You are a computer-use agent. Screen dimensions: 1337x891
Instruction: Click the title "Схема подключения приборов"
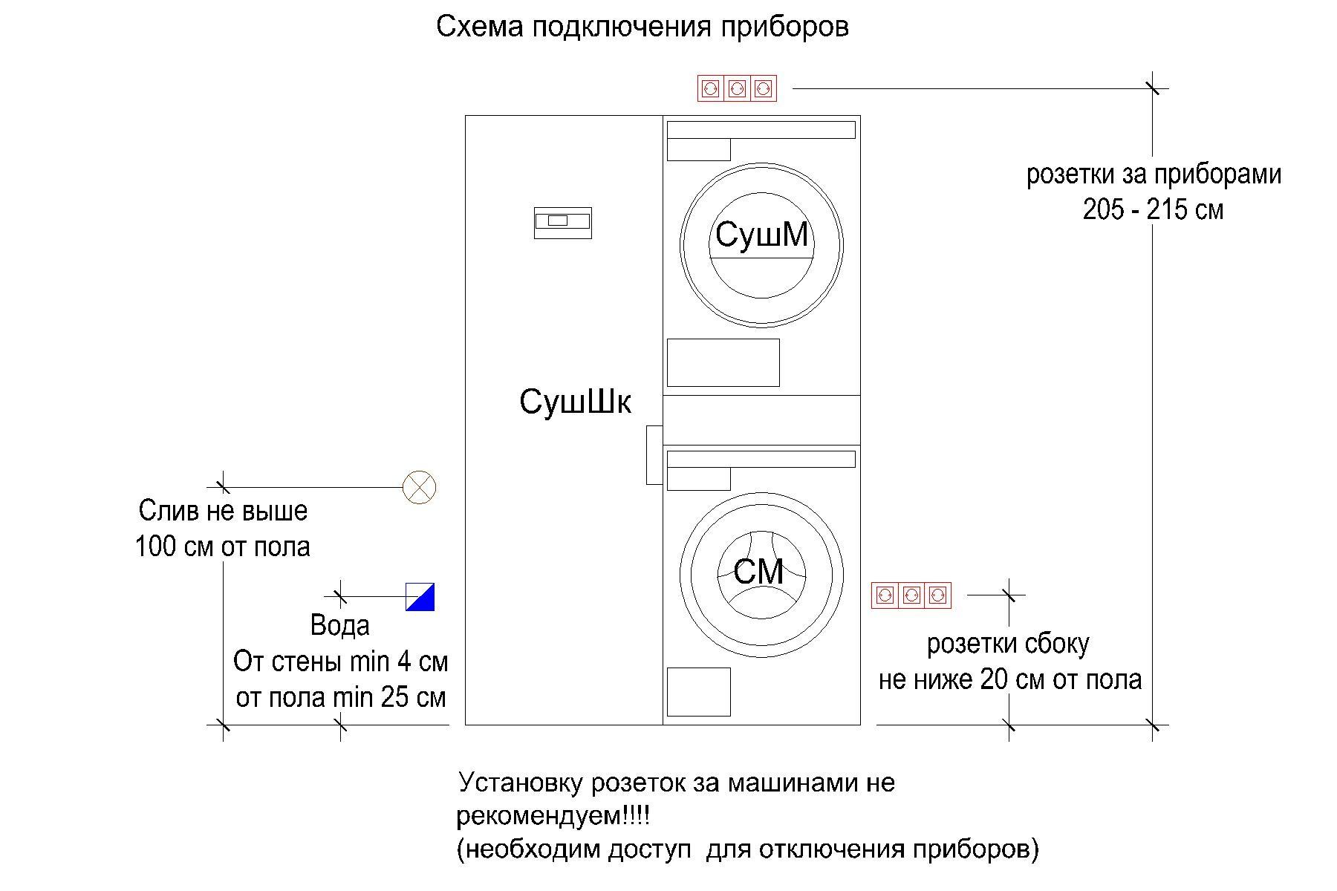point(643,27)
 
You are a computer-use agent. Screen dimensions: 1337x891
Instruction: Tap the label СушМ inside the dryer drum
point(761,235)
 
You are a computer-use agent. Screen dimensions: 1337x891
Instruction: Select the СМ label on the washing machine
point(758,572)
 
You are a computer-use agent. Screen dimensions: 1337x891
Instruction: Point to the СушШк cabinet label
point(576,402)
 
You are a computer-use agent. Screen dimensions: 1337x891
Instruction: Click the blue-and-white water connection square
point(420,597)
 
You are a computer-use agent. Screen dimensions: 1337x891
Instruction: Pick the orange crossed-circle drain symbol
point(419,488)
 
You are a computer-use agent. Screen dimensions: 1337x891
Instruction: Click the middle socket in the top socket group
point(737,89)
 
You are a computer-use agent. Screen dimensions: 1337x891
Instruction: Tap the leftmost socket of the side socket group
point(884,595)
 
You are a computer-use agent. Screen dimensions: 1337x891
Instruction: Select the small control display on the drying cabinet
point(563,223)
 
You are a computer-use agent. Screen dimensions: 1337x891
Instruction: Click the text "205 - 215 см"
point(1153,210)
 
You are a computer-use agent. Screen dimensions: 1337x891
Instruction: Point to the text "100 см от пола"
point(223,547)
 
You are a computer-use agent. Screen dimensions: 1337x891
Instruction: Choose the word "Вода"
point(339,625)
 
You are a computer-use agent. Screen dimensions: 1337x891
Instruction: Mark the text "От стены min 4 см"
point(341,662)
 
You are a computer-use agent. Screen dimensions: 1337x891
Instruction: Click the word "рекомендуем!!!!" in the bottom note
point(553,817)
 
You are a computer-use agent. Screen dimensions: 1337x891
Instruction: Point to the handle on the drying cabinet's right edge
point(654,455)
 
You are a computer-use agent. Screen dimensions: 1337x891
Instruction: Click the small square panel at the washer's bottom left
point(698,692)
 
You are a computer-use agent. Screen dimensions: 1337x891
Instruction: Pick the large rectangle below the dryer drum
point(723,362)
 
